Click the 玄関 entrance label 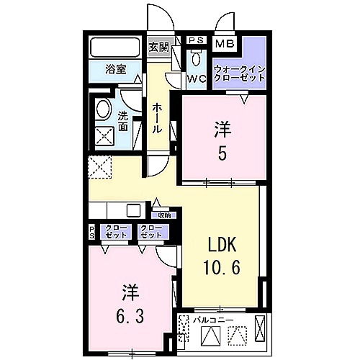[x=158, y=48]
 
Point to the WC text [x=197, y=78]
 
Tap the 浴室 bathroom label [x=114, y=70]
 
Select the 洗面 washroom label [x=123, y=122]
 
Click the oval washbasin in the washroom [x=103, y=111]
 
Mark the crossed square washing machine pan [x=104, y=135]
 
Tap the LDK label [x=219, y=243]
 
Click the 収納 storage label [x=163, y=215]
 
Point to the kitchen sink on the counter [x=133, y=210]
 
